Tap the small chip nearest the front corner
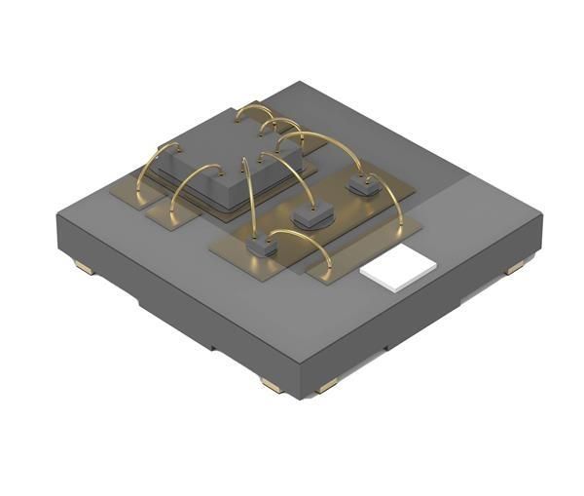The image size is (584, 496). coord(260,248)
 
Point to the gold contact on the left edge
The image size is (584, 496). coord(82,264)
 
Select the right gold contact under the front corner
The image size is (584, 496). coord(328,386)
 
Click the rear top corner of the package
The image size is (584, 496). coord(292,84)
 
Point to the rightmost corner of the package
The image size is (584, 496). coord(541,210)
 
